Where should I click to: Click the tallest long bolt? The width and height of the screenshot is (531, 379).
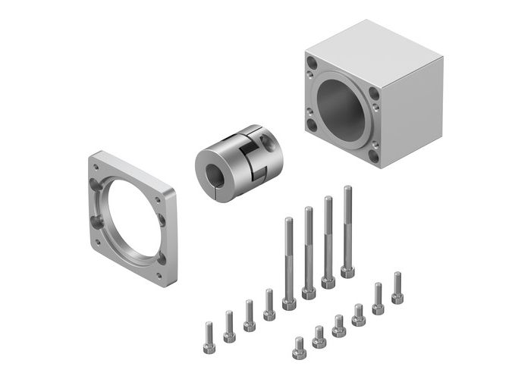pos(347,227)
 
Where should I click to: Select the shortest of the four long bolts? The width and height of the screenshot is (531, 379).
pos(288,258)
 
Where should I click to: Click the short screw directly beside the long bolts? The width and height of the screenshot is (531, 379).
pos(269,303)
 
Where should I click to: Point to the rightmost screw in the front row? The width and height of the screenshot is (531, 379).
pos(397,288)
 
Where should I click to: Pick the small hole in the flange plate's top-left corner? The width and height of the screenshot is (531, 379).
pos(96,161)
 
